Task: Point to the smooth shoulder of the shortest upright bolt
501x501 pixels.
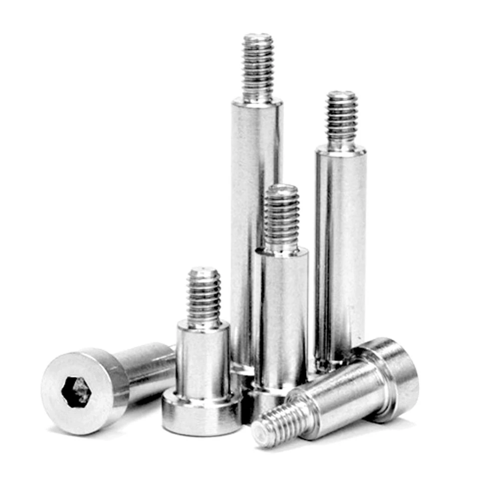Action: click(x=202, y=358)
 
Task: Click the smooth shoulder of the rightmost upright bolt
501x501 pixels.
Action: click(x=341, y=250)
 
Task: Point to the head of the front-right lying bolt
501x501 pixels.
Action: click(x=396, y=371)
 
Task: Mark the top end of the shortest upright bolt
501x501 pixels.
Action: click(x=204, y=271)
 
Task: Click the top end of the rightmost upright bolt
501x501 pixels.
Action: click(x=342, y=94)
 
